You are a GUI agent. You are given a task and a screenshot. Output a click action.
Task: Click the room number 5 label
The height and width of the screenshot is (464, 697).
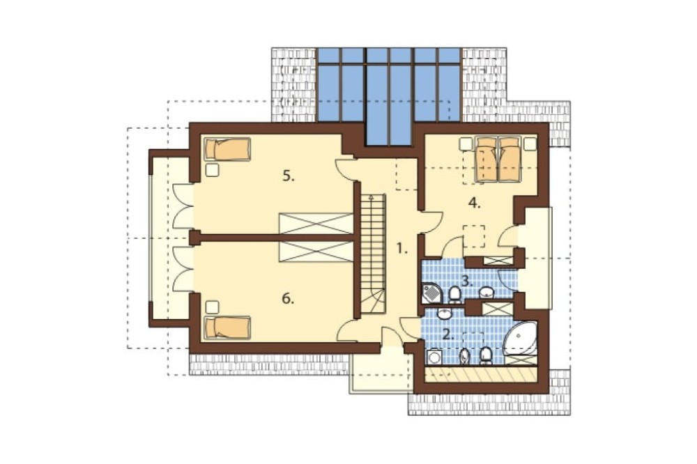pyautogui.click(x=289, y=176)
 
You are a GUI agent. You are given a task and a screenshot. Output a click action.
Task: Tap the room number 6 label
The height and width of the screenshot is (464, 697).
pyautogui.click(x=288, y=299)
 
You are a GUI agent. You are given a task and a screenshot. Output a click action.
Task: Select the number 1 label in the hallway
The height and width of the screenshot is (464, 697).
pyautogui.click(x=402, y=249)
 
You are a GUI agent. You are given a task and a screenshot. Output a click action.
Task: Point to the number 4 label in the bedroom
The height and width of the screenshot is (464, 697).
pyautogui.click(x=474, y=203)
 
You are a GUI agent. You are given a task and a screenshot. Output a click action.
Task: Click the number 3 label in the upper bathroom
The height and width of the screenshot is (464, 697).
pyautogui.click(x=466, y=281)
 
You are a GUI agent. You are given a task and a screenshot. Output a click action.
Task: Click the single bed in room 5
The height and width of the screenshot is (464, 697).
pyautogui.click(x=227, y=149)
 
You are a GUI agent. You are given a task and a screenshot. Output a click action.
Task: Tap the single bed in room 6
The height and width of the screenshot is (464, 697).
pyautogui.click(x=227, y=328)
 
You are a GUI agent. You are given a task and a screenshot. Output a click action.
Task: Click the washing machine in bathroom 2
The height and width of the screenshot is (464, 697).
pyautogui.click(x=433, y=357)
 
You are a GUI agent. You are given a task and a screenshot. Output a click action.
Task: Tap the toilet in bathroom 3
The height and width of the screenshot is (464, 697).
pyautogui.click(x=454, y=294)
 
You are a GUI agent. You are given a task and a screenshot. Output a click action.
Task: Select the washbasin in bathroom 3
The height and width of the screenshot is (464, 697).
pyautogui.click(x=487, y=293)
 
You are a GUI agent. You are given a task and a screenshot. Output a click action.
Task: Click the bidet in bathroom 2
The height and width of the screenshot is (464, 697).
pyautogui.click(x=464, y=356)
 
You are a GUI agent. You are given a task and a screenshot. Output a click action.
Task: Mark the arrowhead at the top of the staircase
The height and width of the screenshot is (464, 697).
pyautogui.click(x=370, y=196)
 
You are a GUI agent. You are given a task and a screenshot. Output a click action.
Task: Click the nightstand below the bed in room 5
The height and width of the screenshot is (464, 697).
pyautogui.click(x=213, y=170)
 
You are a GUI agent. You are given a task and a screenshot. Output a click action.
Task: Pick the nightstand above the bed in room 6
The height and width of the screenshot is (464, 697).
pyautogui.click(x=213, y=307)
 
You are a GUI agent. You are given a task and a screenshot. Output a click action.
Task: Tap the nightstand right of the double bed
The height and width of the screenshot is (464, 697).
pyautogui.click(x=530, y=144)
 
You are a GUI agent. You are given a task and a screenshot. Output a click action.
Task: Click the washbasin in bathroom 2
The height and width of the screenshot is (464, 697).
pyautogui.click(x=445, y=314)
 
